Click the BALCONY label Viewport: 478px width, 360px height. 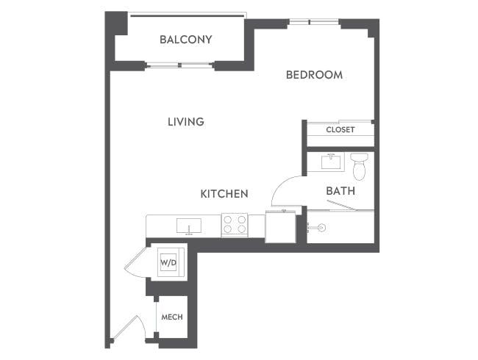point(185,39)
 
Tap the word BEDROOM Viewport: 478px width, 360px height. point(314,75)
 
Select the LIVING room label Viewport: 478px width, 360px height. point(185,121)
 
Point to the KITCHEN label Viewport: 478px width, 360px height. point(224,194)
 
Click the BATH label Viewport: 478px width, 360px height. point(340,191)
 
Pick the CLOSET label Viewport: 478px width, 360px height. point(340,130)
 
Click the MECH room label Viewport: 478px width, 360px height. point(172,317)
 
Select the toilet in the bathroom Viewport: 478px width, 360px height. point(359,166)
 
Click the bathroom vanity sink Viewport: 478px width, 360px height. point(329,160)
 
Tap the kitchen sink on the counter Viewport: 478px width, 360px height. point(189,226)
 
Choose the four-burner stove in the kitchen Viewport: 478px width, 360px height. point(234,225)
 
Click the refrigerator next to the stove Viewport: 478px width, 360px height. point(280,226)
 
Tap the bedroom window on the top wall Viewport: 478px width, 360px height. point(313,22)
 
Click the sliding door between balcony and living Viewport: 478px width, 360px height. point(181,67)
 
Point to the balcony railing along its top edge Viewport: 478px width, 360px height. point(187,14)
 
